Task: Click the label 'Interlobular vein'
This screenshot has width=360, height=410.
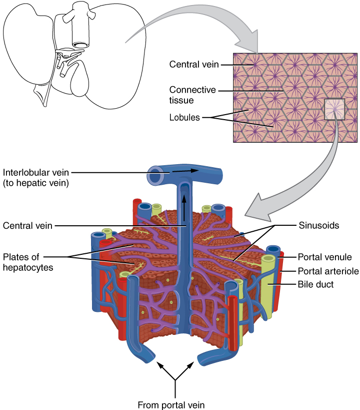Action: [36, 172]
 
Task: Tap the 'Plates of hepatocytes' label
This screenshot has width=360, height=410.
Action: [28, 262]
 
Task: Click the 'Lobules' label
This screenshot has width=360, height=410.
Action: [184, 118]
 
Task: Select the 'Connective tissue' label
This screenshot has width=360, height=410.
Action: [192, 95]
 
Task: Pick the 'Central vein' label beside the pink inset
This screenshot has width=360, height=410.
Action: [193, 65]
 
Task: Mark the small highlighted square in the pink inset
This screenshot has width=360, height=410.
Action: [334, 109]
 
